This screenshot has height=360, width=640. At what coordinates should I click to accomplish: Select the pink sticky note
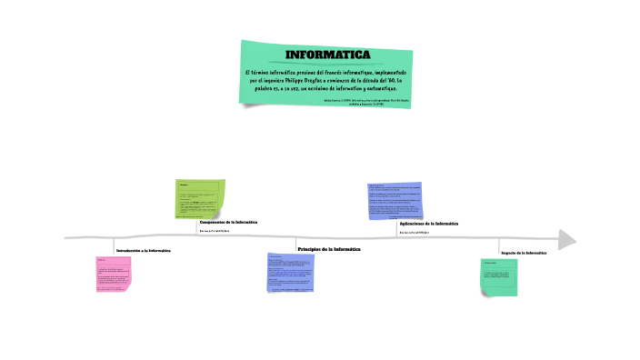tap(114, 274)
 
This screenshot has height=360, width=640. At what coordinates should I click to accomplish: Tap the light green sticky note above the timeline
tap(200, 198)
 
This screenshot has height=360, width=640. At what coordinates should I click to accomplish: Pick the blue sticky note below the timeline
tap(294, 273)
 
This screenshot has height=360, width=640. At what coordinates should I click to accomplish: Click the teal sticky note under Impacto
tap(499, 276)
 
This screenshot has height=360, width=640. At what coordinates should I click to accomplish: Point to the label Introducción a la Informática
tap(143, 250)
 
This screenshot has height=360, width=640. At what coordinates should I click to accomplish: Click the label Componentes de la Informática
tap(228, 222)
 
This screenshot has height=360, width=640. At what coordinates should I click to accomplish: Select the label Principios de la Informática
tap(329, 248)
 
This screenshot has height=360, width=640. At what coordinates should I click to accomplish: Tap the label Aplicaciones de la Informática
tap(428, 223)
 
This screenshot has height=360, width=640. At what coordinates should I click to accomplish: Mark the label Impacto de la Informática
tap(524, 252)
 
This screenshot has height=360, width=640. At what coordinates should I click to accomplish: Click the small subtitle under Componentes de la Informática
tap(215, 231)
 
